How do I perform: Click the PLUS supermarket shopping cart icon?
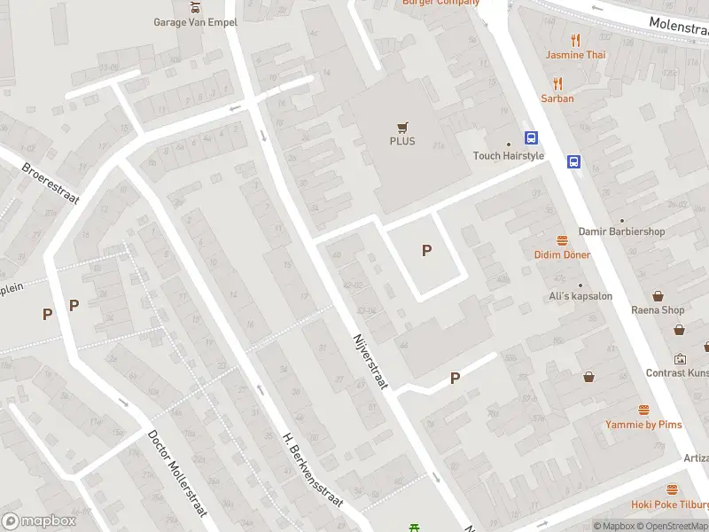402,126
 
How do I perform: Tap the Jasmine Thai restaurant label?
576,55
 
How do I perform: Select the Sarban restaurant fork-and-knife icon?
557,83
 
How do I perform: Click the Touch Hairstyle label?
509,156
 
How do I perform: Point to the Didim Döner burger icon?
562,240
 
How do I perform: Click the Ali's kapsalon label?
580,296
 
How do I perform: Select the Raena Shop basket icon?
658,296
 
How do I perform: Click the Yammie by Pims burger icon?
644,411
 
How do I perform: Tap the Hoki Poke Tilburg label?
669,505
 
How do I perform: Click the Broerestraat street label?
51,183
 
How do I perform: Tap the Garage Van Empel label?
195,22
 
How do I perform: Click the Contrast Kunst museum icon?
680,359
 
